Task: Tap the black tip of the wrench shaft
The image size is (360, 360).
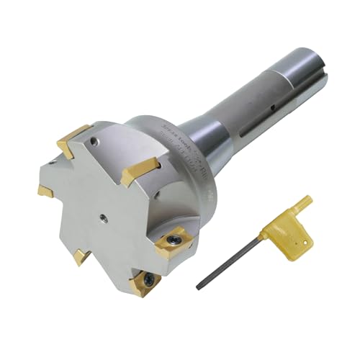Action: pyautogui.click(x=199, y=287)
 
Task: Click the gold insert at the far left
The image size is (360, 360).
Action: pyautogui.click(x=45, y=191)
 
